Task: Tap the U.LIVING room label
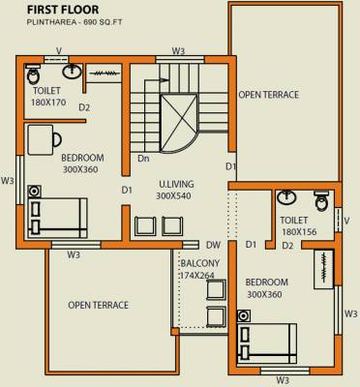(174, 183)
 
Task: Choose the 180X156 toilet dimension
(300, 233)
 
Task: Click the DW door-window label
(213, 246)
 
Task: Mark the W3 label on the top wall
(178, 50)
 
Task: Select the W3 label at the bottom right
(283, 379)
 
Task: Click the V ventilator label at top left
(59, 51)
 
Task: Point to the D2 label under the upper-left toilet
(84, 107)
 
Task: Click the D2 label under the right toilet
(286, 246)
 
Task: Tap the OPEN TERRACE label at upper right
(269, 95)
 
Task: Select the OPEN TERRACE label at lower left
(98, 306)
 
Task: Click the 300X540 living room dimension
(174, 195)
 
